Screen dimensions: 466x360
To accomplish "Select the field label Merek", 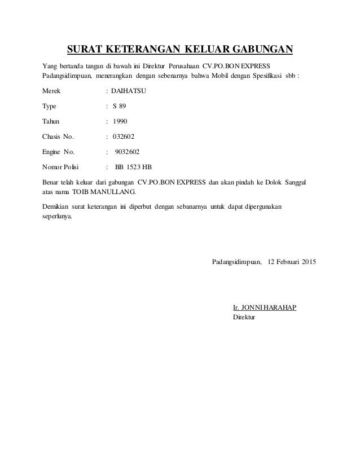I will [54, 90].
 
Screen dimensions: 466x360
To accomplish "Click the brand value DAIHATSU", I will [128, 90].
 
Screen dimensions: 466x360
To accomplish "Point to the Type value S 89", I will [120, 105].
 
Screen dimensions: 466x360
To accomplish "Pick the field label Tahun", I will [54, 121].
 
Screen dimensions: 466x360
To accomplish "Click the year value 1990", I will [120, 121].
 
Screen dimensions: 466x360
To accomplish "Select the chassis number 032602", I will [124, 136].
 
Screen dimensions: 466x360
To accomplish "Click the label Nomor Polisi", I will [62, 167].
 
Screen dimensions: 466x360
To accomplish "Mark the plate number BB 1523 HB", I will [133, 167].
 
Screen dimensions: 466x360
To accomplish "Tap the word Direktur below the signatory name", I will [244, 318].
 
